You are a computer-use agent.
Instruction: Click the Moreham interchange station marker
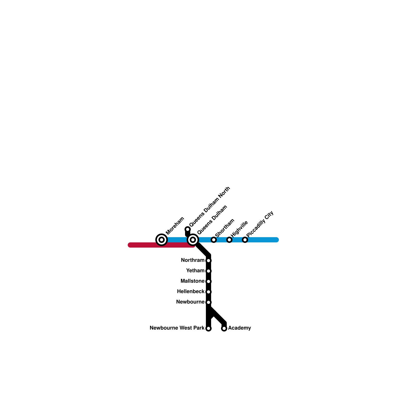click(162, 240)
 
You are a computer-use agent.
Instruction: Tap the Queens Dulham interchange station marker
click(193, 240)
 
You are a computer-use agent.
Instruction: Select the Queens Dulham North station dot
click(188, 229)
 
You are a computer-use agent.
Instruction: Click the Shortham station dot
click(214, 240)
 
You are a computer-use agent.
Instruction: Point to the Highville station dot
click(229, 240)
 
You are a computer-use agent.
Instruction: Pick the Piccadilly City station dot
click(245, 240)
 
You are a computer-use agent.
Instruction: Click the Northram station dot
click(208, 261)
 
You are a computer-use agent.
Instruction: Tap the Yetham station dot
click(208, 271)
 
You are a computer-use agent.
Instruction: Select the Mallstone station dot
click(208, 281)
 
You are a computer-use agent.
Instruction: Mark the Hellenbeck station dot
click(208, 292)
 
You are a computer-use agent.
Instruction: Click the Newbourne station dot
click(208, 302)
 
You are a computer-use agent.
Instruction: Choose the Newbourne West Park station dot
click(208, 328)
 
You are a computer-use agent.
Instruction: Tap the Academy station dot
click(224, 328)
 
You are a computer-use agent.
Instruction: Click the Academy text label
click(239, 328)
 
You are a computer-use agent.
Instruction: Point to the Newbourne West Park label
click(177, 328)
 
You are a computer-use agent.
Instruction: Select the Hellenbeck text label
click(191, 291)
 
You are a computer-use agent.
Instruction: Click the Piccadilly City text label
click(260, 224)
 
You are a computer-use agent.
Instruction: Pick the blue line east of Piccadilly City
click(263, 240)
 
